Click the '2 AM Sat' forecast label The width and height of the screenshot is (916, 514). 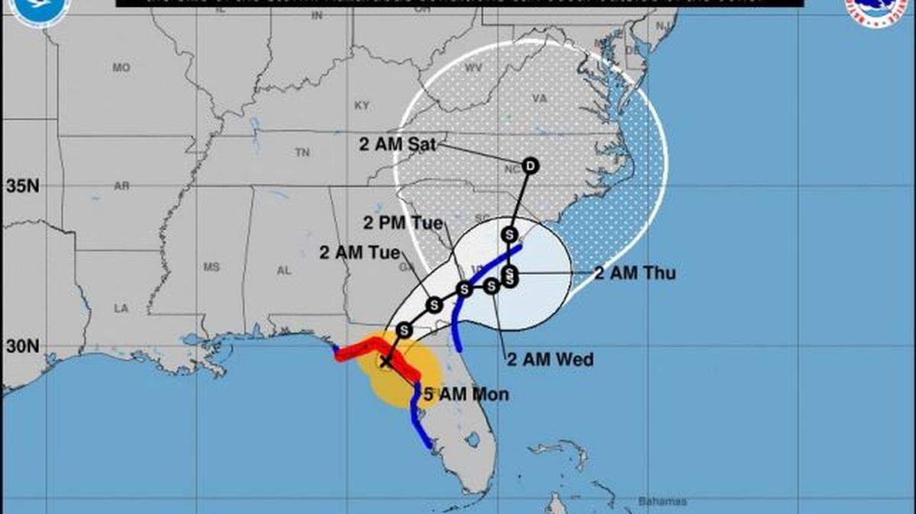[398, 145]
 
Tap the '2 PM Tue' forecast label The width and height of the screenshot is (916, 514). [403, 223]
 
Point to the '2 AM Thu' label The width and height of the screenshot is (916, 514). [634, 273]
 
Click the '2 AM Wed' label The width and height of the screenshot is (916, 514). [550, 360]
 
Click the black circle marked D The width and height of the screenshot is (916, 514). [531, 165]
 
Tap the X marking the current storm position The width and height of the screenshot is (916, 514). [386, 362]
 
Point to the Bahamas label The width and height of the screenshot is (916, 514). [662, 501]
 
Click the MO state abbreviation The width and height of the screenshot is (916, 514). [121, 68]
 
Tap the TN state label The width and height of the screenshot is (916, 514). [302, 153]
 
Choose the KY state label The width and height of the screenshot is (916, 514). [362, 104]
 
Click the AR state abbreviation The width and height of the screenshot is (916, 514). [121, 186]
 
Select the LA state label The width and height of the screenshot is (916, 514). [121, 308]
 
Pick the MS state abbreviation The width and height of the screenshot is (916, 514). [211, 267]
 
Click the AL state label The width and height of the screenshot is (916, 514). [284, 270]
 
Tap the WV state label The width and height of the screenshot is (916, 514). [473, 68]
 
